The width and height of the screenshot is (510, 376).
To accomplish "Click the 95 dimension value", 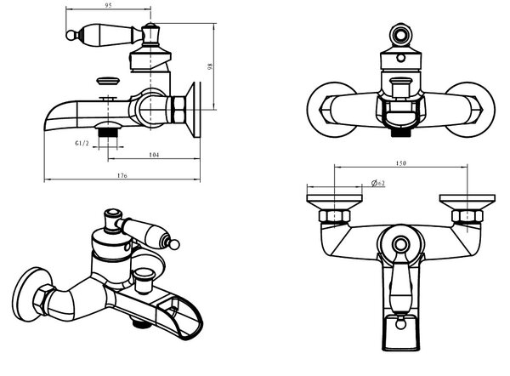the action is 109,6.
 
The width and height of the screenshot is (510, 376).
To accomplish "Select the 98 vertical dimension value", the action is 210,66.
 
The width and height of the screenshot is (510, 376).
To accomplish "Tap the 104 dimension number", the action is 154,155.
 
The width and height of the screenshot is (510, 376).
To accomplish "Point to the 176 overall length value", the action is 122,175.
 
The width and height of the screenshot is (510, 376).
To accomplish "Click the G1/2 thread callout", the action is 82,143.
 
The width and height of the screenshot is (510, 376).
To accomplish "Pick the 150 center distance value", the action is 400,163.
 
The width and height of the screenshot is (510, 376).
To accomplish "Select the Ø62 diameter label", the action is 378,183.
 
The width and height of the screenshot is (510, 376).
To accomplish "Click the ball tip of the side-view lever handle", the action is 71,35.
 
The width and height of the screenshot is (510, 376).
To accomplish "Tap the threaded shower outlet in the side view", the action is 108,134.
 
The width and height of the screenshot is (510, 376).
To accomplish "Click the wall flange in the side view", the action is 195,110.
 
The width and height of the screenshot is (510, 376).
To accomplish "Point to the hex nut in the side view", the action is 178,110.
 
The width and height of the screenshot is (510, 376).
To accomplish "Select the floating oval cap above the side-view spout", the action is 108,81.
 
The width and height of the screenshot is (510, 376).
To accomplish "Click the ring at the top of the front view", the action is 400,34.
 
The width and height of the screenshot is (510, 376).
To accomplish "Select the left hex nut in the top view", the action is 334,216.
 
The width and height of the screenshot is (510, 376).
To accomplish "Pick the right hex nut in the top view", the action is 467,216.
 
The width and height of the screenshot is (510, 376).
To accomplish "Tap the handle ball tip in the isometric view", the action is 174,245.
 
